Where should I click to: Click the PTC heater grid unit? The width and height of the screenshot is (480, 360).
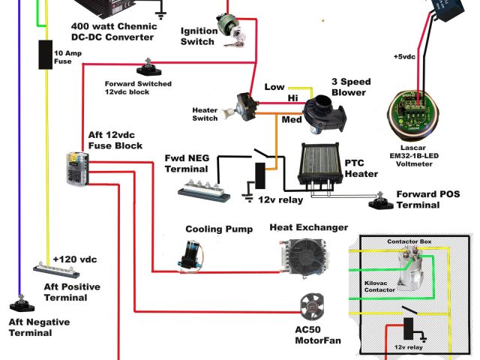pos(320,166)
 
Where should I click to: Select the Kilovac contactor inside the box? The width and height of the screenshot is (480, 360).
pos(410,271)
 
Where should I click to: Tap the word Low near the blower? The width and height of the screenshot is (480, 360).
pos(274,87)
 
